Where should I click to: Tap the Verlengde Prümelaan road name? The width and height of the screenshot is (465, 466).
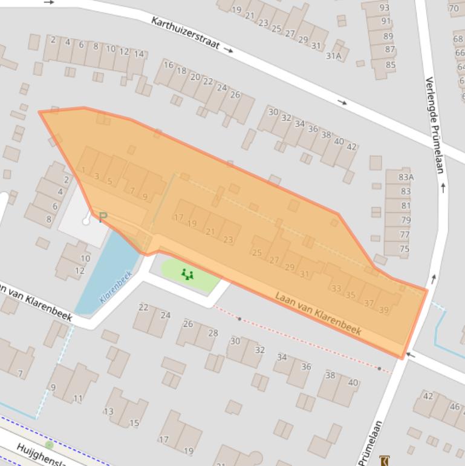[x=435, y=124]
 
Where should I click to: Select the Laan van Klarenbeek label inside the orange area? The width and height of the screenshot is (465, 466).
[x=318, y=313]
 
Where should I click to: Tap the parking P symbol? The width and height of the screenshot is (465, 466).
[x=103, y=217]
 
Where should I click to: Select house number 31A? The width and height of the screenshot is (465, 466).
[x=334, y=56]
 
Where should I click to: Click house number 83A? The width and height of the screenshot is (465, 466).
[x=406, y=177]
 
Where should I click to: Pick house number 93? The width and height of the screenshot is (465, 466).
[x=385, y=8]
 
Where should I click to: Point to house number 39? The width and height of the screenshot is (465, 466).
[x=383, y=310]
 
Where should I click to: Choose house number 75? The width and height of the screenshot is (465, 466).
[x=405, y=249]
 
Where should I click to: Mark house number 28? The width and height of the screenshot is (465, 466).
[x=213, y=333]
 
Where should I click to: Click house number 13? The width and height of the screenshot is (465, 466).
[x=108, y=412]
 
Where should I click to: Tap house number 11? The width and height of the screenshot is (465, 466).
[x=78, y=398]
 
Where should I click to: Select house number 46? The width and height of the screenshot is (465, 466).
[x=455, y=407]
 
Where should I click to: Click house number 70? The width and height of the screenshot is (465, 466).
[x=454, y=8]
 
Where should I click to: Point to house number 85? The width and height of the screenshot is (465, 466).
[x=390, y=65]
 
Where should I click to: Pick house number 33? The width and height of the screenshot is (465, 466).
[x=336, y=288]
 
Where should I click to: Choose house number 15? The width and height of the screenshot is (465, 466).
[x=134, y=423]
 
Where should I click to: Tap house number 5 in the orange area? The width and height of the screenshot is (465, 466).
[x=109, y=181]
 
